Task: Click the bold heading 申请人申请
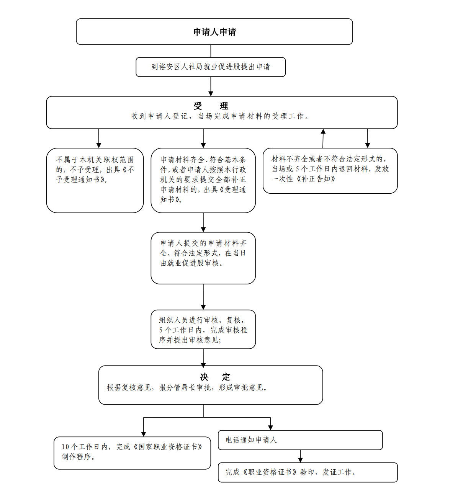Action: [x=214, y=32]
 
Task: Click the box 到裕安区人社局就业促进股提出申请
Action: [x=211, y=67]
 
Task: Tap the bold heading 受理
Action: [x=211, y=106]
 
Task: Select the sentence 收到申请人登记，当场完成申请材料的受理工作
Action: [x=220, y=116]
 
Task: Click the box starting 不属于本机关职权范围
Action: [x=95, y=180]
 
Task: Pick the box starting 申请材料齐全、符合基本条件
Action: [x=203, y=180]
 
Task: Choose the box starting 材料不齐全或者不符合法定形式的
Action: [x=330, y=171]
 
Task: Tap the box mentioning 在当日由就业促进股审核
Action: [x=203, y=258]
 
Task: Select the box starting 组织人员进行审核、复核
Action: [x=203, y=330]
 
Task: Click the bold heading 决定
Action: [x=215, y=377]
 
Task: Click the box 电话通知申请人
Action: [x=300, y=440]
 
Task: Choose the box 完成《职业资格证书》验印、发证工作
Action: [x=308, y=472]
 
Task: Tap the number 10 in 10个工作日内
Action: [x=65, y=447]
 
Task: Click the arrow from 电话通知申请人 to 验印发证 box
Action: [x=300, y=456]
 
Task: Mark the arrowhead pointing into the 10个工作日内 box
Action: [x=144, y=434]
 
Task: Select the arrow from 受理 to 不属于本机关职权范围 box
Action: [x=98, y=138]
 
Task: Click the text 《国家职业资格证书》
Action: [x=168, y=447]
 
